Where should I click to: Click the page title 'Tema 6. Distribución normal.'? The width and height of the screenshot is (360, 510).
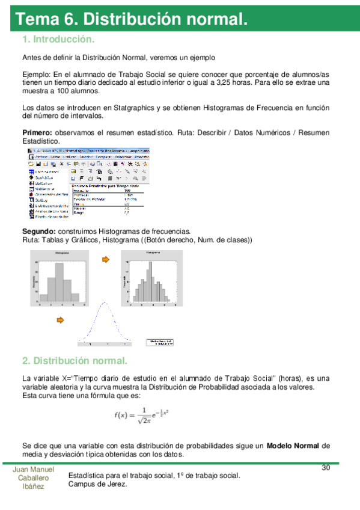tap(132, 19)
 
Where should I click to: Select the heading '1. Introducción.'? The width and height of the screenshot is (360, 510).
tap(58, 40)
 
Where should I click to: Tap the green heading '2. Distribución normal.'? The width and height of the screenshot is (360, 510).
tap(75, 361)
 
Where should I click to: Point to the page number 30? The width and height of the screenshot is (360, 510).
tap(326, 468)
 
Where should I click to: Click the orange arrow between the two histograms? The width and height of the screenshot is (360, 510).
tap(106, 260)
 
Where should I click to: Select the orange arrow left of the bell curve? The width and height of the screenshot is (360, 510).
tap(59, 319)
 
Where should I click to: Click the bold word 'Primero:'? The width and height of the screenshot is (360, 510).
tap(37, 132)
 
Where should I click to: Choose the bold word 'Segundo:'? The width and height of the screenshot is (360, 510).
tap(39, 232)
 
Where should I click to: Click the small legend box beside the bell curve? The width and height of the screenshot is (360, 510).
tap(160, 342)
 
